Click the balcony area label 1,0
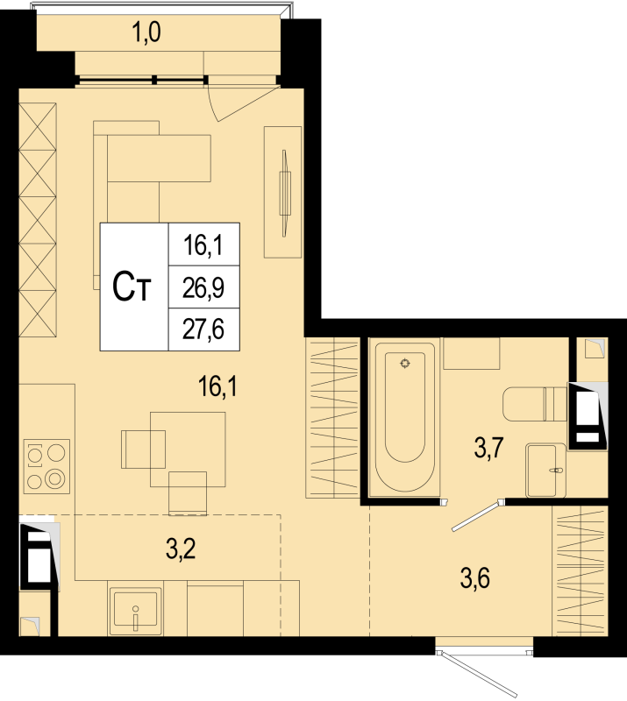(x=146, y=32)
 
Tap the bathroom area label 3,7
(x=489, y=448)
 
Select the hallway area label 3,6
(x=474, y=578)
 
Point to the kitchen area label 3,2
(x=181, y=549)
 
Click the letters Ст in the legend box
(x=132, y=287)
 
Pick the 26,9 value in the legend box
(x=203, y=287)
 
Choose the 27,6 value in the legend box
(x=203, y=329)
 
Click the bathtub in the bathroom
(x=405, y=417)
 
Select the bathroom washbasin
(x=546, y=470)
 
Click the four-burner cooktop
(x=46, y=466)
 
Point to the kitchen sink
(x=136, y=608)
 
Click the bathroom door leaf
(x=476, y=517)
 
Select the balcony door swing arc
(x=242, y=104)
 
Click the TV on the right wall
(x=284, y=193)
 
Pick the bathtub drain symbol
(x=405, y=363)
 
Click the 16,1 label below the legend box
(x=218, y=386)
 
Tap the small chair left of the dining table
(x=143, y=450)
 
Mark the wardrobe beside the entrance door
(x=580, y=570)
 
